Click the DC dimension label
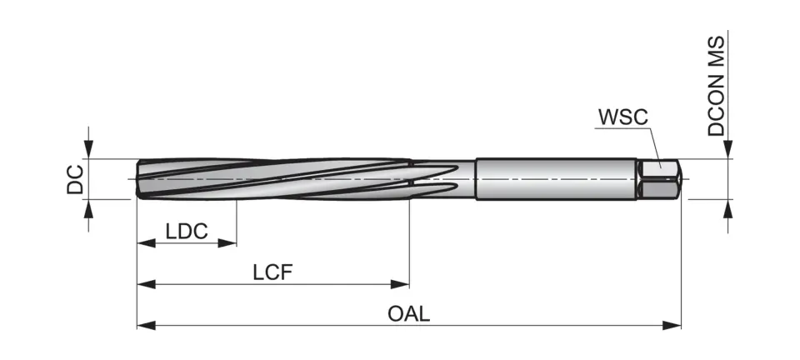pos(75,178)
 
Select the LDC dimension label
pos(187,231)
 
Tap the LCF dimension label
pos(273,272)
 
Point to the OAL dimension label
pos(408,314)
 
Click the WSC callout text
pos(622,116)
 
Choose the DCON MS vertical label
pos(717,85)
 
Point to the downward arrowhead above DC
pos(88,149)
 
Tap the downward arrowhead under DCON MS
pos(727,149)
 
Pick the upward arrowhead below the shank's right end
pos(727,209)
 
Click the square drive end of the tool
pos(660,179)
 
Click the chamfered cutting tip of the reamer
pos(140,179)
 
